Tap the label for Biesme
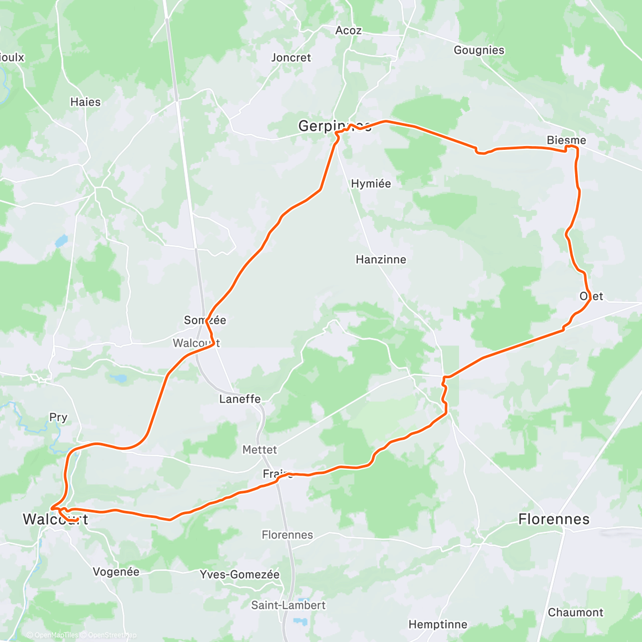(566, 140)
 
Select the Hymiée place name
(371, 184)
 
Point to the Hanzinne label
(381, 259)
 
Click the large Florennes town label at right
(554, 519)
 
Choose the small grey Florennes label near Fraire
(287, 535)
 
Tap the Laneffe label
(240, 399)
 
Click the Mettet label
(259, 450)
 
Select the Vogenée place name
(116, 572)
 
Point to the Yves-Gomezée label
(240, 575)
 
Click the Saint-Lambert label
(288, 605)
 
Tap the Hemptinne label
(438, 624)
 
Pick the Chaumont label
(575, 613)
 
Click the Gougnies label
(479, 50)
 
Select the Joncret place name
(291, 57)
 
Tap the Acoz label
(348, 30)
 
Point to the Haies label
(85, 102)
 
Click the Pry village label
(58, 417)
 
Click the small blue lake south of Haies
(62, 240)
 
